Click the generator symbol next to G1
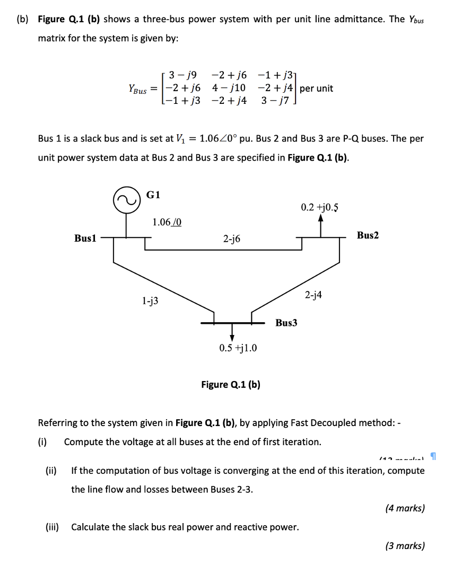coord(126,199)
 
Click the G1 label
coord(153,194)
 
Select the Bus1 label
coord(85,238)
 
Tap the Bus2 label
coord(368,235)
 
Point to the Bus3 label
coord(286,322)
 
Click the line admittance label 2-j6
coord(231,239)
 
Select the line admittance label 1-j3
coord(150,301)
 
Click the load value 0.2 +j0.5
coord(320,207)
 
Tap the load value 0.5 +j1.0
coord(238,348)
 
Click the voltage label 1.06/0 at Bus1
coord(167,222)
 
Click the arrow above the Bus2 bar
coord(320,224)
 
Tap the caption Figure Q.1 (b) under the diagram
coord(230,384)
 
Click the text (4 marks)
coord(405,508)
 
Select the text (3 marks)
coord(405,546)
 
